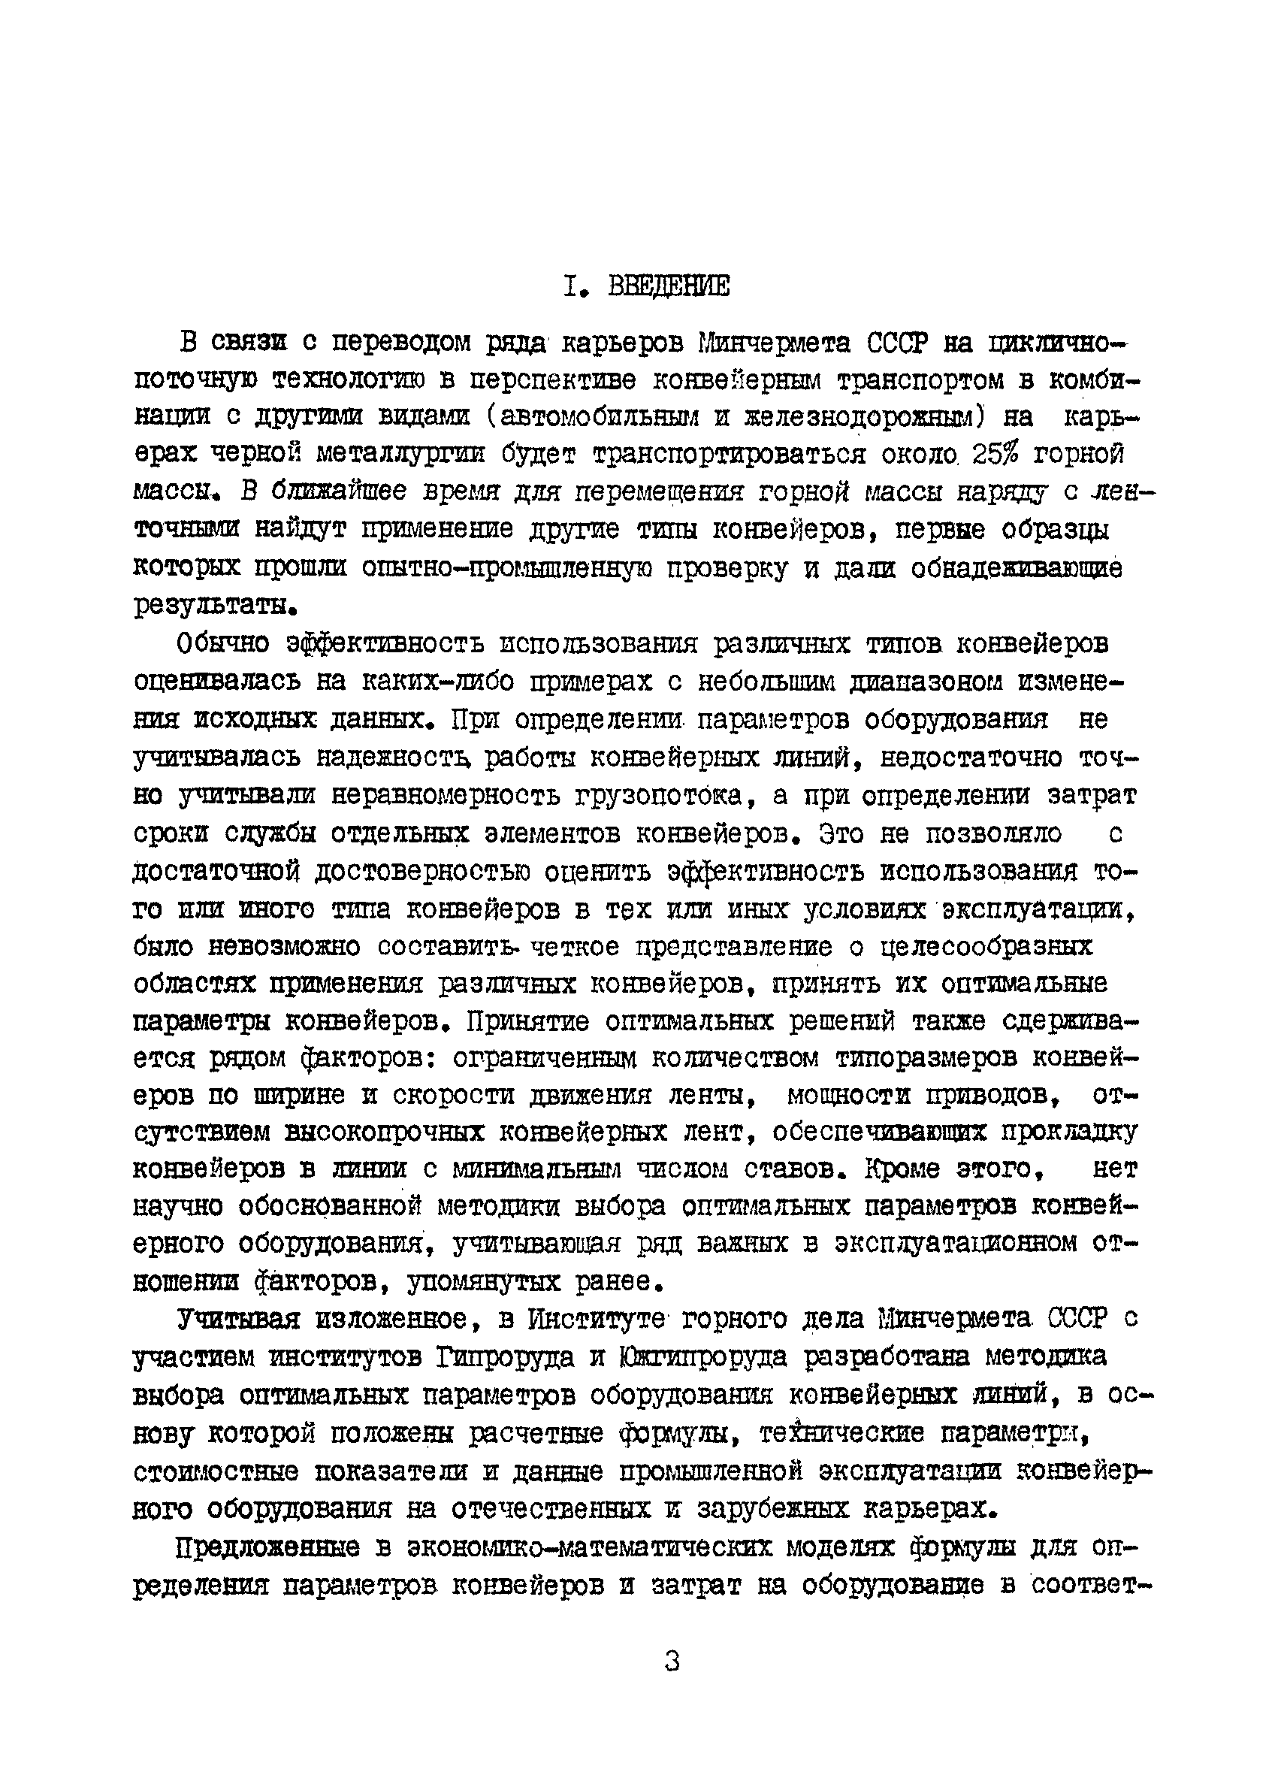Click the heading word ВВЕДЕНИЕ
pyautogui.click(x=669, y=287)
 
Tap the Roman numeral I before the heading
pyautogui.click(x=569, y=287)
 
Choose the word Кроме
pyautogui.click(x=903, y=1169)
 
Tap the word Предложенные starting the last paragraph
pyautogui.click(x=268, y=1547)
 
